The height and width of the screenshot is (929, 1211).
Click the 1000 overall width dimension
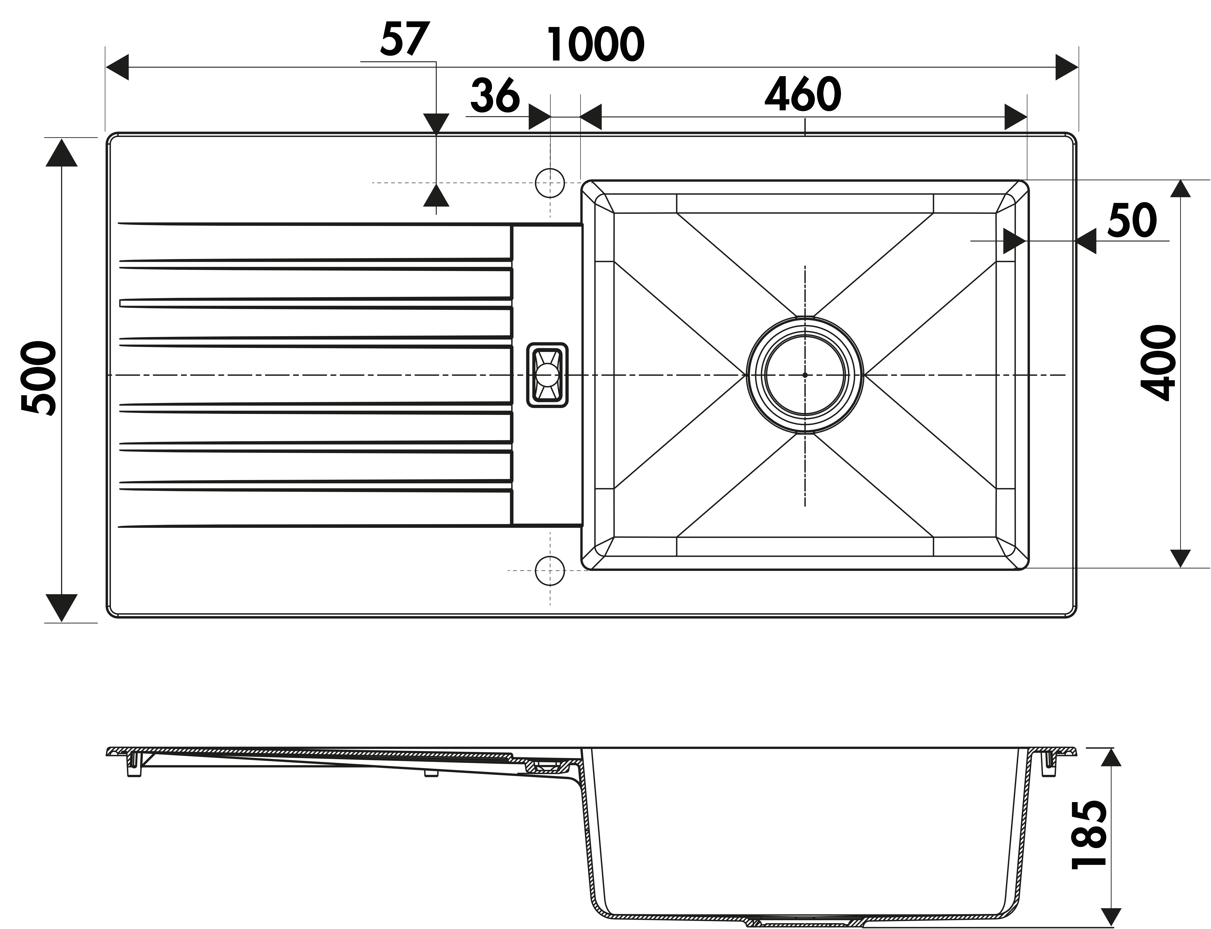pyautogui.click(x=595, y=44)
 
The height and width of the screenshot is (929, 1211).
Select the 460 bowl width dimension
pyautogui.click(x=803, y=95)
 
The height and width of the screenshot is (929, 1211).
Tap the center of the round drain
pyautogui.click(x=805, y=375)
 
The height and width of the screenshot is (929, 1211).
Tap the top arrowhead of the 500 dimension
pyautogui.click(x=61, y=152)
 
